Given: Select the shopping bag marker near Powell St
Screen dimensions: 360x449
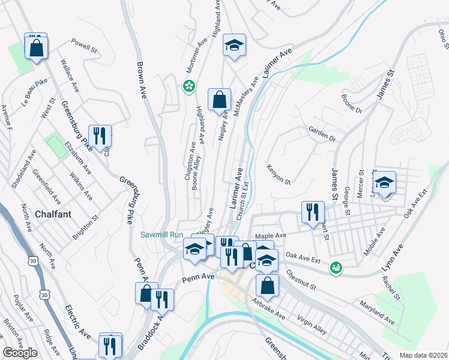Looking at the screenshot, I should pos(37,47).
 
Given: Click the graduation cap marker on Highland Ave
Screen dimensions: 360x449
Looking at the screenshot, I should pos(235,46).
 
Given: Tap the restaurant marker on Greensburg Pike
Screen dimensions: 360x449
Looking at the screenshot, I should pos(100,136).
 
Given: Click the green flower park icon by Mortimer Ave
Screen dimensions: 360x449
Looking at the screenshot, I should pos(190,86).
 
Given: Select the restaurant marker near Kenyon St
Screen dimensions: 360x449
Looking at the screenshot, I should pos(313,212).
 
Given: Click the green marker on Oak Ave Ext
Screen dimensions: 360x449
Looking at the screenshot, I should pos(336,267).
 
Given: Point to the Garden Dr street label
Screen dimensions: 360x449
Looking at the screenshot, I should pos(322,134).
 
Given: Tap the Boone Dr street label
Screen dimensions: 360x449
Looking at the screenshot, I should pos(352,103).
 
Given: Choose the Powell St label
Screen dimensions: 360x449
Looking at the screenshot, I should pos(84,45).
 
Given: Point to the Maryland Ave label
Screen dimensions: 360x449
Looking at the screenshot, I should pos(377,313).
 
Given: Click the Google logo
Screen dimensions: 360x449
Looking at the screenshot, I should pos(20,353).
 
